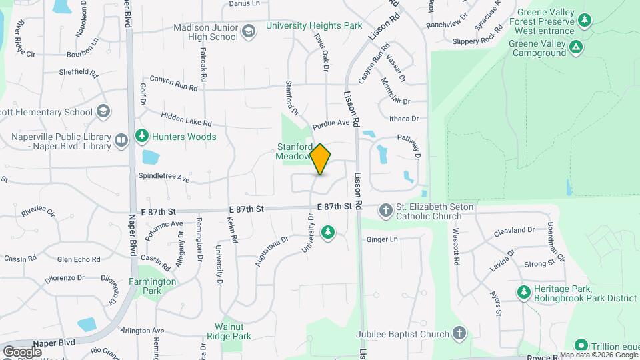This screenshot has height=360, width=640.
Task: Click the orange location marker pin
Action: click(x=321, y=159)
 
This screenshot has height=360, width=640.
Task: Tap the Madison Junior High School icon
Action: click(x=249, y=31)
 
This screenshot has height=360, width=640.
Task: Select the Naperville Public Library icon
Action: click(x=121, y=139)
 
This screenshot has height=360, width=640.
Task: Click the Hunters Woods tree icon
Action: click(x=141, y=137)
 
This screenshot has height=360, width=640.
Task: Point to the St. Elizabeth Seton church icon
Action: click(x=385, y=211)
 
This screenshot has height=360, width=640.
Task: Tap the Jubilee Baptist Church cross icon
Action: click(x=459, y=333)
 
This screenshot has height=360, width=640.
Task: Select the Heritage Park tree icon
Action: click(x=523, y=292)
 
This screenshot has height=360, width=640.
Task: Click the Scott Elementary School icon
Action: click(x=103, y=111)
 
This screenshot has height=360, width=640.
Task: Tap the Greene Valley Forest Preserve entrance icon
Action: click(x=585, y=20)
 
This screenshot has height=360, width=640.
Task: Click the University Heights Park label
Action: click(x=314, y=26)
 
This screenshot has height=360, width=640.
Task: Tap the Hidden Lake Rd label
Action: click(x=186, y=119)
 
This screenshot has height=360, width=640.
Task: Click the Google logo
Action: click(x=22, y=351)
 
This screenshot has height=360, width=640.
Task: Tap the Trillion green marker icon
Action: click(x=581, y=345)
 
